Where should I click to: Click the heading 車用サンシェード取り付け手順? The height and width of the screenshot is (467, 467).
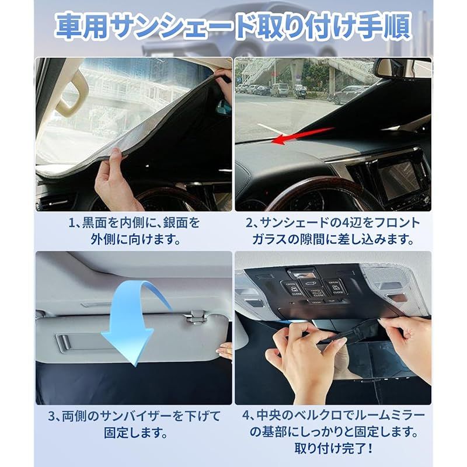(x=233, y=26)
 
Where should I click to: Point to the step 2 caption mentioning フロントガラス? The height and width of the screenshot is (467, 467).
(x=333, y=231)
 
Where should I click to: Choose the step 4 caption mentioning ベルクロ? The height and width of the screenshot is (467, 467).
(x=333, y=425)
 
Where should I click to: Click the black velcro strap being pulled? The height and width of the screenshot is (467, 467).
(x=356, y=335)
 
